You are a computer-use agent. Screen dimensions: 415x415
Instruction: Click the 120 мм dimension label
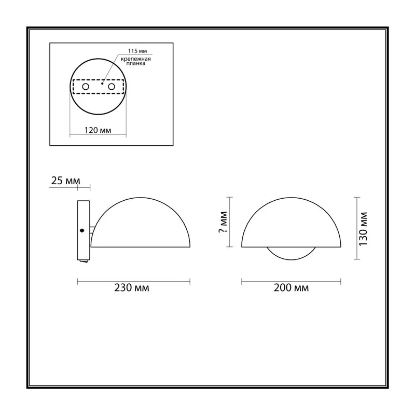coord(98,130)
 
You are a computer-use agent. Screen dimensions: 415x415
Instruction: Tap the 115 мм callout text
coord(137,51)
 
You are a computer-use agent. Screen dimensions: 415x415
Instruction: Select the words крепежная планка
coord(136,61)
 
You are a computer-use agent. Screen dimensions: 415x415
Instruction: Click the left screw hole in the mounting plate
coord(86,87)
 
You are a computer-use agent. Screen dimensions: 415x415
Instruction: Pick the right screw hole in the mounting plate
coord(112,87)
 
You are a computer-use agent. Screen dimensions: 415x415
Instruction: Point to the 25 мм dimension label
coord(65,181)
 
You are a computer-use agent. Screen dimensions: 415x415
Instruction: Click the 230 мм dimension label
coord(132,287)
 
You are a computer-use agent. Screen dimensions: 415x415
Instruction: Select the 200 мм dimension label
coord(291,287)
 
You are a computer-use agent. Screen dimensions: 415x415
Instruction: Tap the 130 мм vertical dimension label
coord(363,229)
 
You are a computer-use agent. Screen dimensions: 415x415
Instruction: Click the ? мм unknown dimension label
coord(223,222)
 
